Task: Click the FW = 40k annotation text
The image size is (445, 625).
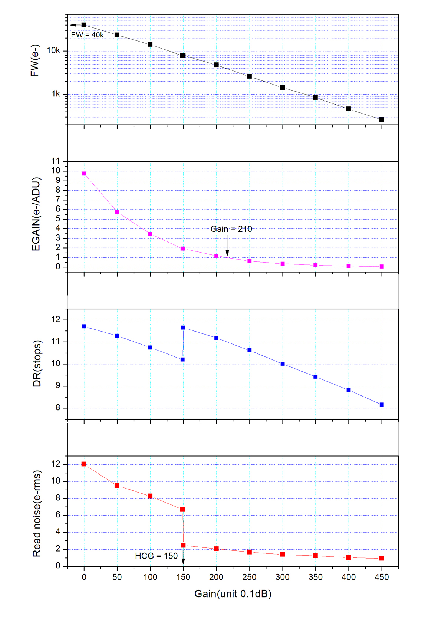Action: [87, 35]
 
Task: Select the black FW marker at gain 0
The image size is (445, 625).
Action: [84, 25]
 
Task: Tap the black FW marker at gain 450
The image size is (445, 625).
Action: [382, 119]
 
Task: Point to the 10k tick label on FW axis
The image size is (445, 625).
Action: [53, 50]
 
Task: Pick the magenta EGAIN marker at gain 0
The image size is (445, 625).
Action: [84, 174]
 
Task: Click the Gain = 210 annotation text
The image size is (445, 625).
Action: [231, 229]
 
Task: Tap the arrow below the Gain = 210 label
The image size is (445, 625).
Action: [227, 246]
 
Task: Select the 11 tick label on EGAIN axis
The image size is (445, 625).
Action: [56, 161]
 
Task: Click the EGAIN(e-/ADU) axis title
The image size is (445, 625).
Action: [36, 214]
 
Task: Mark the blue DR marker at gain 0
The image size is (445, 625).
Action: [84, 326]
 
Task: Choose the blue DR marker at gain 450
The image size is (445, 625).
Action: [382, 405]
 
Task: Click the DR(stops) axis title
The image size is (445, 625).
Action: [37, 364]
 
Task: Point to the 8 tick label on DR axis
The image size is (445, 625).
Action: [58, 408]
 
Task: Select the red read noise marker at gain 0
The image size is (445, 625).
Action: [84, 464]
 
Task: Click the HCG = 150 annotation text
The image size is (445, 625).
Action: [156, 556]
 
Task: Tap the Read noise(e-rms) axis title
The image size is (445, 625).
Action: [36, 514]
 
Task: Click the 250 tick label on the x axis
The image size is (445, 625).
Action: [249, 577]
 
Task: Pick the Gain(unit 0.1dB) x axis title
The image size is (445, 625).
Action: [233, 594]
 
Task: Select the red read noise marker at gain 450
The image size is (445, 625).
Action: [382, 558]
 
